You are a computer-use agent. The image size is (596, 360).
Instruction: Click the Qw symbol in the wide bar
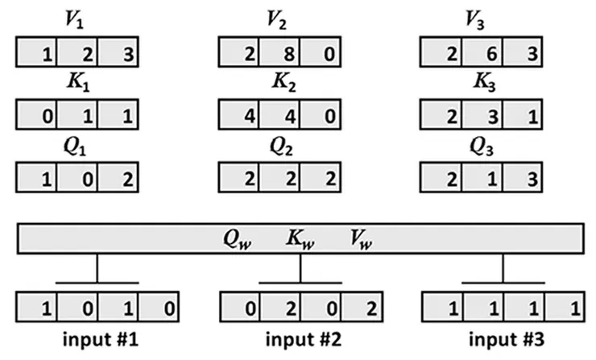(x=239, y=238)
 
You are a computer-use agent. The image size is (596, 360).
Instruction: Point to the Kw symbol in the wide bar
(x=300, y=238)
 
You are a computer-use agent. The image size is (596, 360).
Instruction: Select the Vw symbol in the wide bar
(x=358, y=238)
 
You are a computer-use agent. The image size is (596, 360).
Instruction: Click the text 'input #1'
(x=97, y=338)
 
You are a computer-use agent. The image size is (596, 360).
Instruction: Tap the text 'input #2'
(x=300, y=338)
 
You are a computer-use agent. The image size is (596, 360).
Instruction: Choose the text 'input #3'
(x=503, y=338)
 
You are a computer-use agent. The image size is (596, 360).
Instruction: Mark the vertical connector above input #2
(x=300, y=267)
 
